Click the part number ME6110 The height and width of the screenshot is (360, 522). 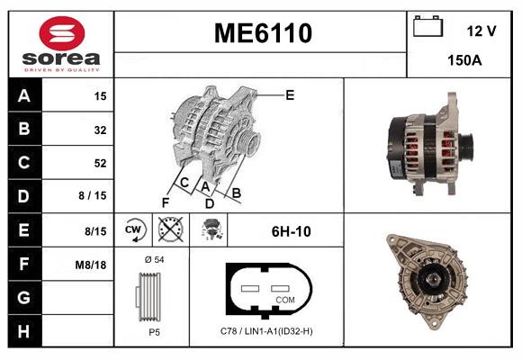[x=262, y=33]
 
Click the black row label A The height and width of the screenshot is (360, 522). [x=24, y=95]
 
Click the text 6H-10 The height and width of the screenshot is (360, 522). [x=291, y=231]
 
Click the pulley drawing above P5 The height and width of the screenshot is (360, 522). [x=152, y=296]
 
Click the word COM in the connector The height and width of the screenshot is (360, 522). [x=284, y=299]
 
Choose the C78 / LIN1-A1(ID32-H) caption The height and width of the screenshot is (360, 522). [x=266, y=331]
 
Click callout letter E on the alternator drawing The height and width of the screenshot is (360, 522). [x=290, y=94]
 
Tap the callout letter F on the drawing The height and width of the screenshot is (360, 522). [x=165, y=202]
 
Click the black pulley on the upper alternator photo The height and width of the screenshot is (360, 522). [x=466, y=144]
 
